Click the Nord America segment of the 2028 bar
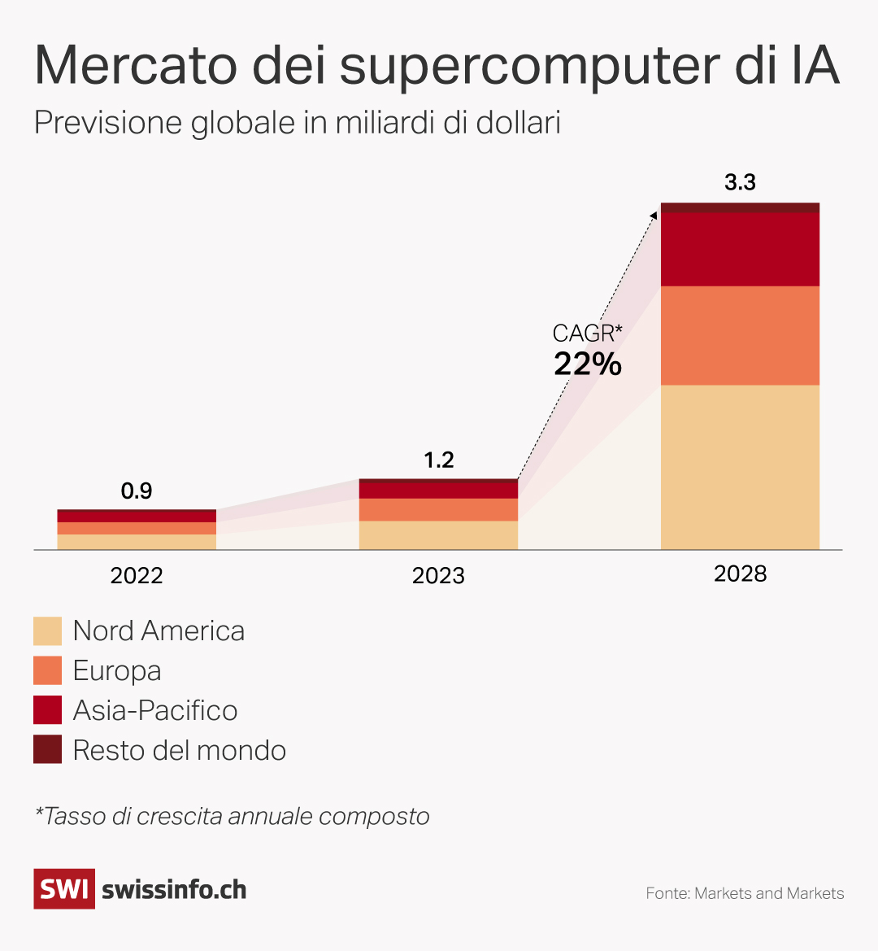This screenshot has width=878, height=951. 740,467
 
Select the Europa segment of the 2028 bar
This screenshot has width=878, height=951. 740,335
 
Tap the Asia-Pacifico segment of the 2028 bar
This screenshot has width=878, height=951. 740,249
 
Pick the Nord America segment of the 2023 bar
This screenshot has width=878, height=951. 438,535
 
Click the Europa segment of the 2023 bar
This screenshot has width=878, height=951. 438,509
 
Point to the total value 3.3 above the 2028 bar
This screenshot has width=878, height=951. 740,182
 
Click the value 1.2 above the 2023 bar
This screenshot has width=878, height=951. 438,460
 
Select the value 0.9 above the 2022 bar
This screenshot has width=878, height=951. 137,491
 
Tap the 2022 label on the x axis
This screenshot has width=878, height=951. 137,576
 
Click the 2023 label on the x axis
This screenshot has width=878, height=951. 438,576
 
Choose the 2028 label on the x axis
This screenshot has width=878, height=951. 740,574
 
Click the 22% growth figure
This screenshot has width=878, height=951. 588,364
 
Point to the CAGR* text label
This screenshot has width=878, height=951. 587,333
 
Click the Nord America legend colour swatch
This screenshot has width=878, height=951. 47,631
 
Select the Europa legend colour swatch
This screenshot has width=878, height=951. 47,670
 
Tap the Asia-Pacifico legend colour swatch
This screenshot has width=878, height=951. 47,710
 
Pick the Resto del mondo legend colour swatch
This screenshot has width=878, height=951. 47,749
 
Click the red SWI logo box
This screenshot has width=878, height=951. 64,888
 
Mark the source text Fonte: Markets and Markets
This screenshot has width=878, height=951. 745,893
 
